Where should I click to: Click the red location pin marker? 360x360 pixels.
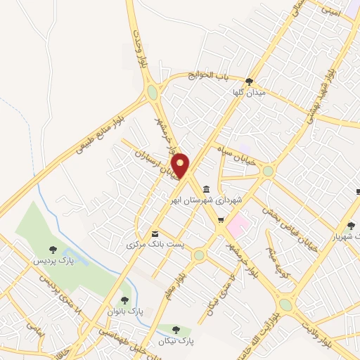click(181, 166)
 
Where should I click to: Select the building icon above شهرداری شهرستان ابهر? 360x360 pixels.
click(205, 188)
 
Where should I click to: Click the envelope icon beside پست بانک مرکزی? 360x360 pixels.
click(155, 233)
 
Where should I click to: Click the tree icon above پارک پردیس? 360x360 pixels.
click(53, 249)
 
